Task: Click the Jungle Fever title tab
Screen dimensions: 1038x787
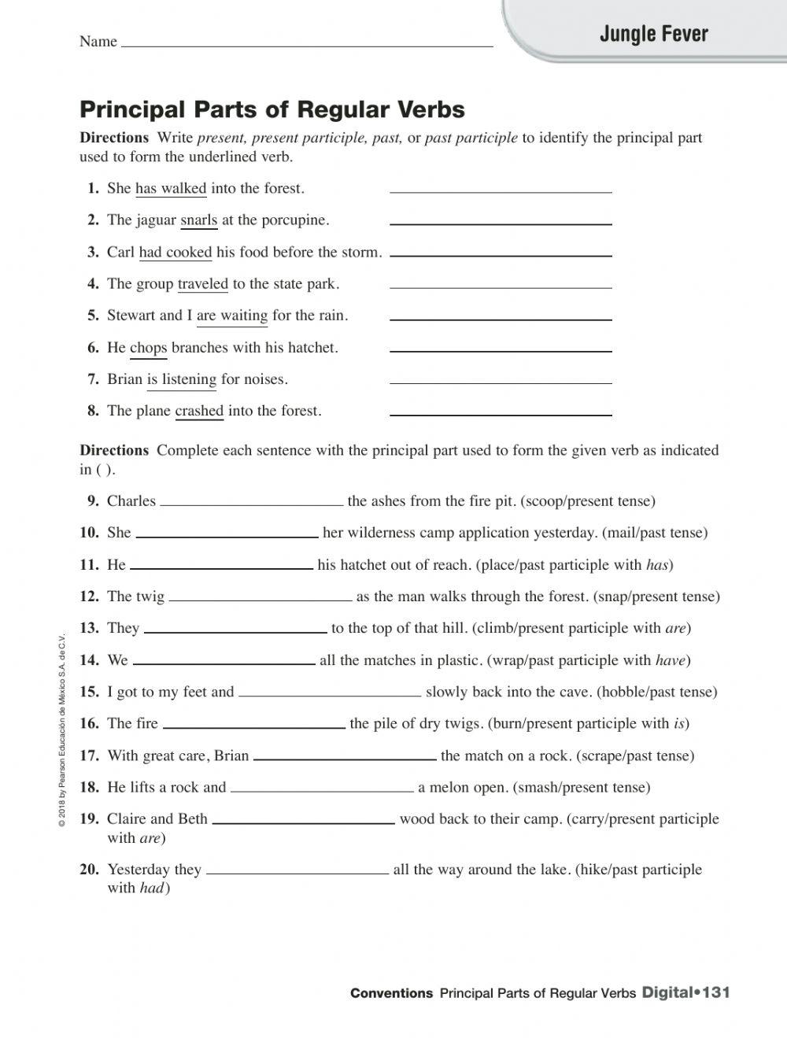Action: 653,34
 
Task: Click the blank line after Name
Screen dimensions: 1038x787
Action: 307,43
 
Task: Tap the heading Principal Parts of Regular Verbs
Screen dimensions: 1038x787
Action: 272,109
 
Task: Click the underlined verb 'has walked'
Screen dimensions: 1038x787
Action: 171,188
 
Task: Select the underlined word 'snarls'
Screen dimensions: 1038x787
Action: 198,220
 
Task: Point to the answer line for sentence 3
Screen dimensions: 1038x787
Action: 501,253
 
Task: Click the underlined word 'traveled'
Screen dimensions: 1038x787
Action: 202,284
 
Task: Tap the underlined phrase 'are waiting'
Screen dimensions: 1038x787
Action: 232,316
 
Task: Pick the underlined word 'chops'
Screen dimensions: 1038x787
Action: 148,348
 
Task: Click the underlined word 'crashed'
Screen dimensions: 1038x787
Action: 199,411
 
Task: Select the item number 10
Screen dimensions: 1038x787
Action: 89,533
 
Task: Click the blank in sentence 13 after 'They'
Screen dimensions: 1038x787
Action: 235,630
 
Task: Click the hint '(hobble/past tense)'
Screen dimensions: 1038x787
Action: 657,692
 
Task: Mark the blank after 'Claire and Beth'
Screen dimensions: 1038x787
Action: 304,821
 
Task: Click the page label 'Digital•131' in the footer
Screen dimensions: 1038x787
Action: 686,992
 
